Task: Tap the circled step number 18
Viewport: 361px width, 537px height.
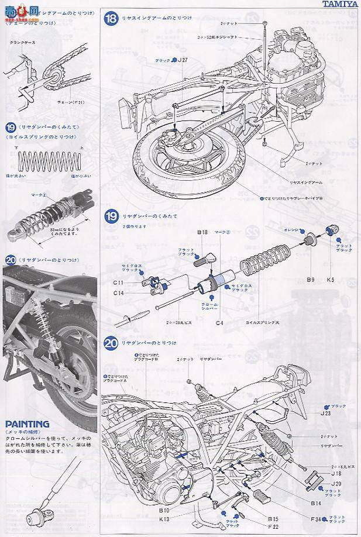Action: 111,19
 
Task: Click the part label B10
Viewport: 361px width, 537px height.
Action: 164,510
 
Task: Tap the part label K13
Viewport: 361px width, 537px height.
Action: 164,519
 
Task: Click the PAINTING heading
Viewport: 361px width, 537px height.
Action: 27,424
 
